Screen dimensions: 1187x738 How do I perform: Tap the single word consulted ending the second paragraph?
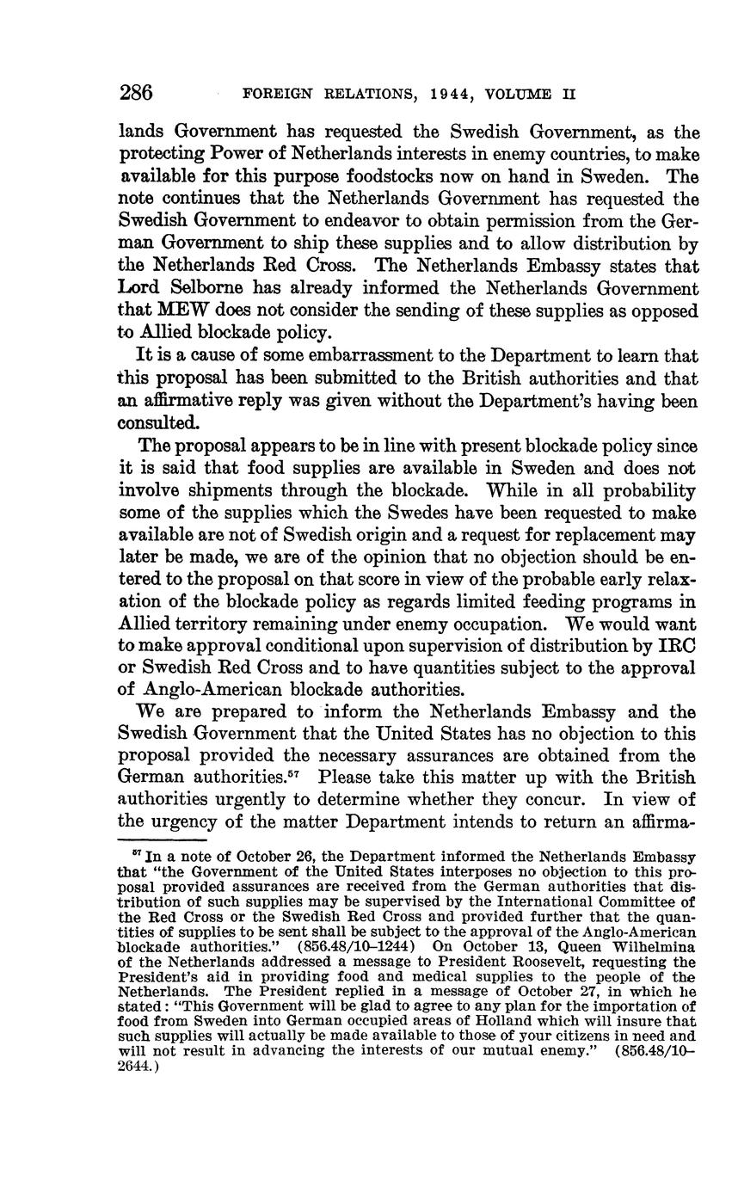click(159, 423)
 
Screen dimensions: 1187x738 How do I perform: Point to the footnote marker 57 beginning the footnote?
click(138, 855)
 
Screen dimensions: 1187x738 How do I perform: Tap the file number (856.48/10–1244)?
click(366, 947)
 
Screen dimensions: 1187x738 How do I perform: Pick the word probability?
click(641, 490)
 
